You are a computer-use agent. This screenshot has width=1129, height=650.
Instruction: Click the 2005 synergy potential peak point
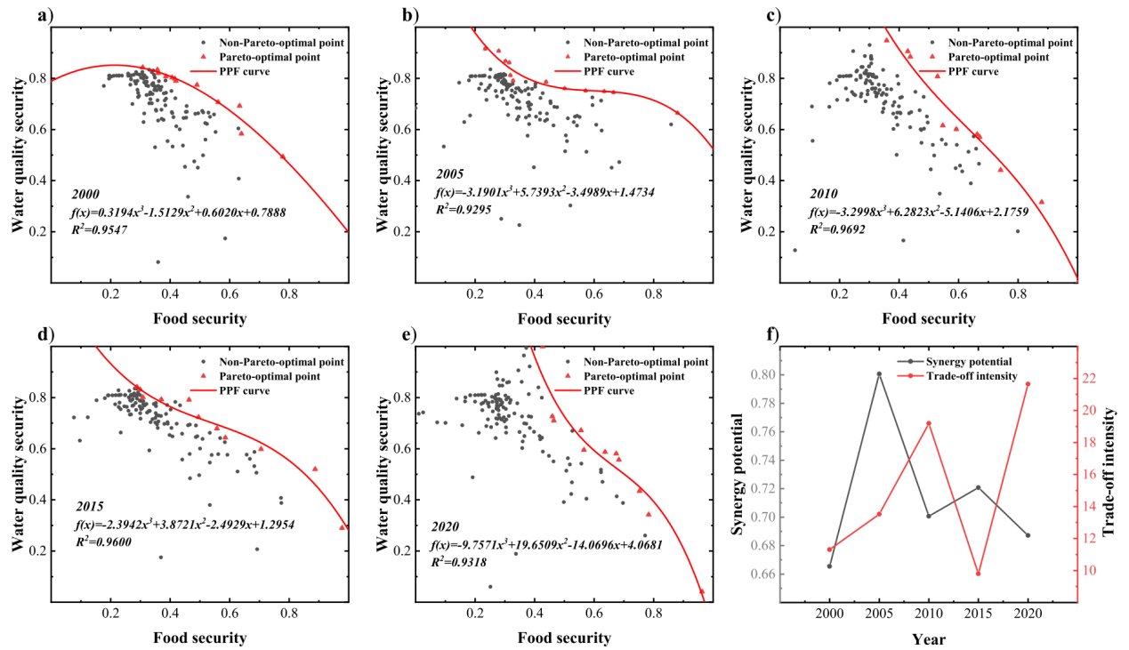(879, 374)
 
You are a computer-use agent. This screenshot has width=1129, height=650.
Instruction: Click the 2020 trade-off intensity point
(1028, 384)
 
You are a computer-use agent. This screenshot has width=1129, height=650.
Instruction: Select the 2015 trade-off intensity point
(978, 574)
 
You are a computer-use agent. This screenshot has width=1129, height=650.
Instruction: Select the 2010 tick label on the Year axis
(929, 614)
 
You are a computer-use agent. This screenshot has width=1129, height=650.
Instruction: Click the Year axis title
(928, 638)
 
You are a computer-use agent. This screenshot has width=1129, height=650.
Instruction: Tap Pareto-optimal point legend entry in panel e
(633, 376)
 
